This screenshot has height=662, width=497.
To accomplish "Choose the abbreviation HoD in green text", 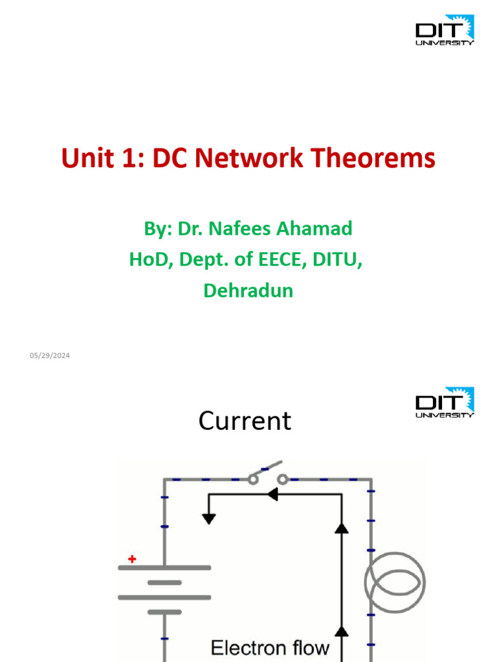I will click(148, 260).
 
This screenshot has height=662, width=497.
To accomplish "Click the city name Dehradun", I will click(248, 291).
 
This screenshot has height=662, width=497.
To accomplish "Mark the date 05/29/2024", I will click(49, 356).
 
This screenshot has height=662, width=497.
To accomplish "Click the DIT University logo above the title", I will click(445, 30).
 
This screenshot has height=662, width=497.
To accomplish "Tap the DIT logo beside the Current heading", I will click(445, 403).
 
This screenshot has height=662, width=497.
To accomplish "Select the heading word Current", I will click(245, 422).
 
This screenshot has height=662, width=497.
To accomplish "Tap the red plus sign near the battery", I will click(132, 559).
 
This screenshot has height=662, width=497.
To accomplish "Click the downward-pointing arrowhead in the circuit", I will click(208, 518).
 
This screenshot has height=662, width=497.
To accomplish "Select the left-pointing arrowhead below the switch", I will click(272, 495).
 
